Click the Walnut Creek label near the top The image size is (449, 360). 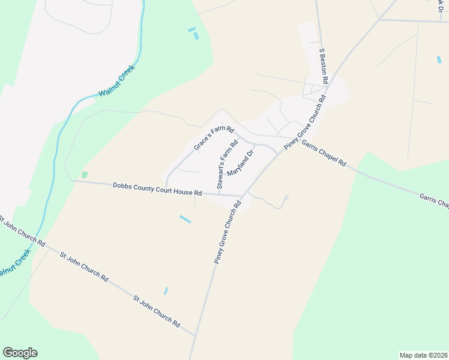117,80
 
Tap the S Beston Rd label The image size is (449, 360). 324,66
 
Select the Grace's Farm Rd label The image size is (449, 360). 213,139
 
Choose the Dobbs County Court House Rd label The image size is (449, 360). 157,190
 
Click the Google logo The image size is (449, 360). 20,353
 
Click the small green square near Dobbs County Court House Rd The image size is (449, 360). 85,175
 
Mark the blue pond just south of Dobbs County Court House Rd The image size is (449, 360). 185,220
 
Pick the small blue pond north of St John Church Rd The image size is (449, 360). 166,291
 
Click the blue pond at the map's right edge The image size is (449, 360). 439,59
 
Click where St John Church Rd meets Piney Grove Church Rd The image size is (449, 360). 195,335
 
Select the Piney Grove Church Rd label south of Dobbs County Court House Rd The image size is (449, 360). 228,232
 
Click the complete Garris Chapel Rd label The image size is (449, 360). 324,154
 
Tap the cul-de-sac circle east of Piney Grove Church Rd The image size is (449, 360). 286,197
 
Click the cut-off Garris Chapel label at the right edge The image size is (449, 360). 434,201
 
